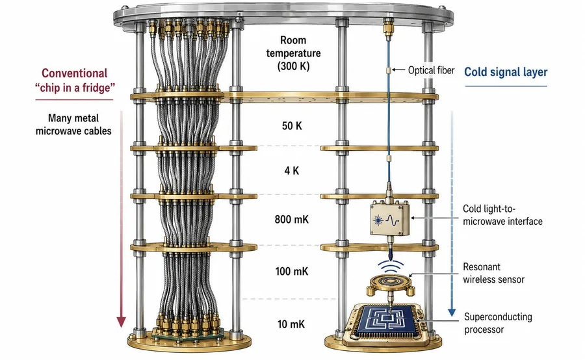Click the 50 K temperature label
click(292, 125)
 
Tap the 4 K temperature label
click(292, 171)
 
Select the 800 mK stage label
click(292, 219)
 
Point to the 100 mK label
click(292, 271)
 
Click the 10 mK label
click(291, 324)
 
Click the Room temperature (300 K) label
click(293, 53)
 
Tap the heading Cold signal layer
click(506, 72)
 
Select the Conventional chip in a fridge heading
click(75, 80)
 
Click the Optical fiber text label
click(432, 70)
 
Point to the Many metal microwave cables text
click(73, 125)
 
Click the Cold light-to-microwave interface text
click(502, 215)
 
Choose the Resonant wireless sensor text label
click(493, 273)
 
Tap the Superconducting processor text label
click(498, 323)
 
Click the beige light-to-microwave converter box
click(389, 220)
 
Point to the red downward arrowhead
click(121, 322)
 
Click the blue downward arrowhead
click(452, 313)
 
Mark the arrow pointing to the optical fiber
click(398, 70)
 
